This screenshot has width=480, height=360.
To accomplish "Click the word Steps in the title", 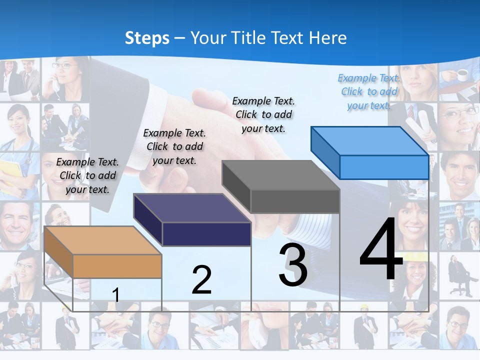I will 147,38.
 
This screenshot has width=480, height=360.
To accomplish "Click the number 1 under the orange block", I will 116,295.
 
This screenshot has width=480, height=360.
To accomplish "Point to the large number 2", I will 201,279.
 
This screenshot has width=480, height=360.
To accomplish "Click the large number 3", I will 292,264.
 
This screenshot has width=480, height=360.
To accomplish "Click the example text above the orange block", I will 87,175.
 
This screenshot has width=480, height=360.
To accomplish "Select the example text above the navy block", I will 174,146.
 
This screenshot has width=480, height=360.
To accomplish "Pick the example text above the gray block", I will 263,114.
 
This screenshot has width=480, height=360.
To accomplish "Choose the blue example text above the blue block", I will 369,91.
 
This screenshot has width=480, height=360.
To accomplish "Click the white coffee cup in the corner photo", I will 462,75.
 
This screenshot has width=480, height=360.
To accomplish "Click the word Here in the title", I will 328,38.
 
